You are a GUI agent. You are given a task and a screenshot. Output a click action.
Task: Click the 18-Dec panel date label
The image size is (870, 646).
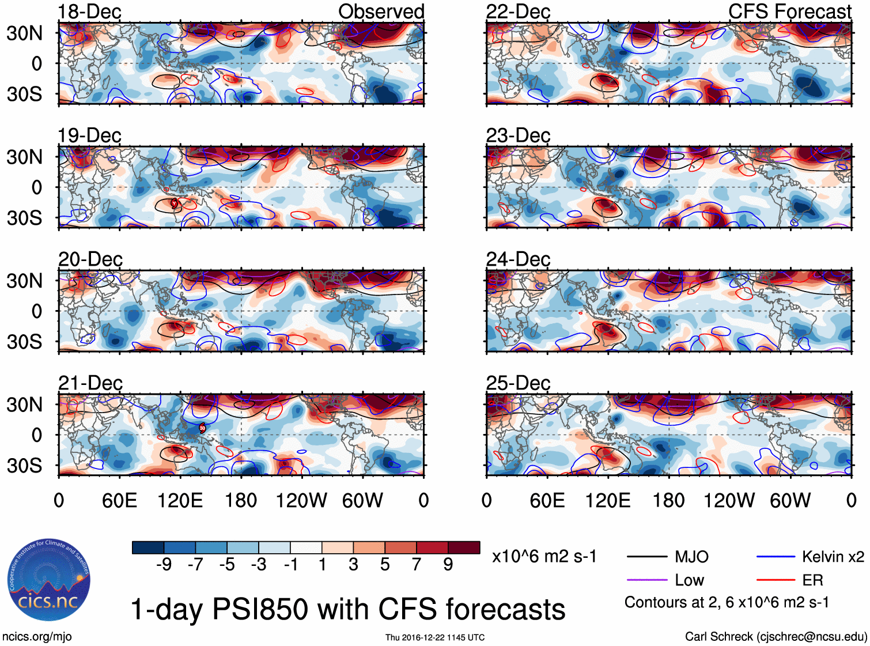(x=89, y=12)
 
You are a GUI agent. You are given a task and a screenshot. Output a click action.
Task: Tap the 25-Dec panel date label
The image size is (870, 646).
(x=518, y=383)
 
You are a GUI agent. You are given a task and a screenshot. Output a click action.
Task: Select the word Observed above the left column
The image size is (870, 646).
(x=381, y=12)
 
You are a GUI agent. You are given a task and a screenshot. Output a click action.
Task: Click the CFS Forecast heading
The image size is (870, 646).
(x=789, y=12)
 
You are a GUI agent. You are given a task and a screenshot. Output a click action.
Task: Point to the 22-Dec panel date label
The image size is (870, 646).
(x=518, y=12)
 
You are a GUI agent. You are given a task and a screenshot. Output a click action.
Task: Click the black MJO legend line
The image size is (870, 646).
(x=647, y=557)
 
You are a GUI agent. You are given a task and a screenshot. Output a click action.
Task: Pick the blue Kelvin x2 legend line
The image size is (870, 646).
(x=776, y=557)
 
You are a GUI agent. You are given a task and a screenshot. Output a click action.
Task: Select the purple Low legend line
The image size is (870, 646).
(x=647, y=580)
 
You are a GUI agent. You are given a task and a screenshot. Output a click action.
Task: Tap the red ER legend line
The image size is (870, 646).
(x=776, y=580)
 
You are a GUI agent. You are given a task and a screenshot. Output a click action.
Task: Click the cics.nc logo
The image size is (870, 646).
(x=48, y=580)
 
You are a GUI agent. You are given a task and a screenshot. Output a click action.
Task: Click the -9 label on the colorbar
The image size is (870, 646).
(x=164, y=565)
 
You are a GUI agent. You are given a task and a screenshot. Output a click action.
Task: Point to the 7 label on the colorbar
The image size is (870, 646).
(x=417, y=565)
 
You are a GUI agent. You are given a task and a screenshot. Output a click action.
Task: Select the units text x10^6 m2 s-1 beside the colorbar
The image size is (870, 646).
(x=544, y=557)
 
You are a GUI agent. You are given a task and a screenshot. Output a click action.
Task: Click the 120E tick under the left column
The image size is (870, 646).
(x=180, y=500)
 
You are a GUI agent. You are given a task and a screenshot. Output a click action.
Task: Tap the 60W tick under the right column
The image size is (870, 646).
(x=790, y=500)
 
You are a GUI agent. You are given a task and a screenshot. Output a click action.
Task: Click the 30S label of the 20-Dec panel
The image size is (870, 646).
(x=25, y=342)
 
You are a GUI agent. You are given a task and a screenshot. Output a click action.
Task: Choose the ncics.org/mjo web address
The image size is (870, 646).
(x=37, y=637)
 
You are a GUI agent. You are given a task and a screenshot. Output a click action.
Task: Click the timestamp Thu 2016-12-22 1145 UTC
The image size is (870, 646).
(x=435, y=637)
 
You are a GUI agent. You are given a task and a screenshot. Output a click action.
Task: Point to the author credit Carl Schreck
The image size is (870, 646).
(x=776, y=637)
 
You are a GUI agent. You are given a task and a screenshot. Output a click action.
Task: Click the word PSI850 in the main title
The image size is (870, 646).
(x=260, y=610)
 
